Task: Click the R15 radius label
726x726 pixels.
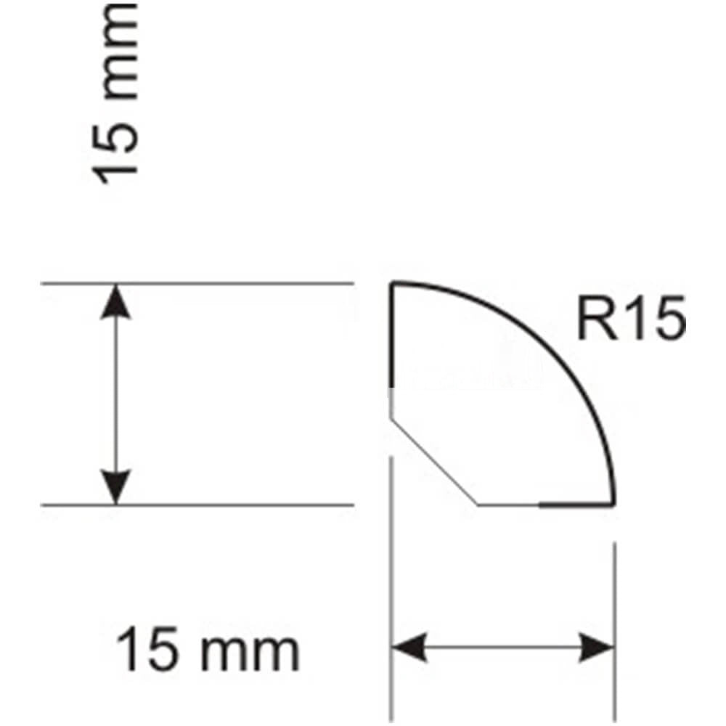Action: coord(632,319)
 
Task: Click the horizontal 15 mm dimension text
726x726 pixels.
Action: coord(208,648)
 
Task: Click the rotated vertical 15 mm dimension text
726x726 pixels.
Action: coord(115,93)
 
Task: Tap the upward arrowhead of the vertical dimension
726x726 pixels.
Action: coord(115,301)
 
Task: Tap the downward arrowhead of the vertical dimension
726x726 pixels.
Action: coord(115,487)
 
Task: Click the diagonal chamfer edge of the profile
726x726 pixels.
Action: coord(434,462)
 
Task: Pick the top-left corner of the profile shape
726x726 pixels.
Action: coord(393,282)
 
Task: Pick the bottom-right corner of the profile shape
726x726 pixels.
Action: coord(613,505)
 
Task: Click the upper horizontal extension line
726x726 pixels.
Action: coord(197,283)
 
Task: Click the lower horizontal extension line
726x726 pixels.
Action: coord(197,505)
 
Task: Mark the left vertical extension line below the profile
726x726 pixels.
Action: coord(392,589)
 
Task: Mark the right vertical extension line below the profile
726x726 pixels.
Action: coord(615,632)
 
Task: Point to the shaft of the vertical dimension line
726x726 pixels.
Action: coord(115,394)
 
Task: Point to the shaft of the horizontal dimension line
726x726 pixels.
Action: coord(503,647)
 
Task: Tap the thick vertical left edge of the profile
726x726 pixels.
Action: coord(392,334)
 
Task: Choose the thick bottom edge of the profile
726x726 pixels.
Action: coord(577,505)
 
